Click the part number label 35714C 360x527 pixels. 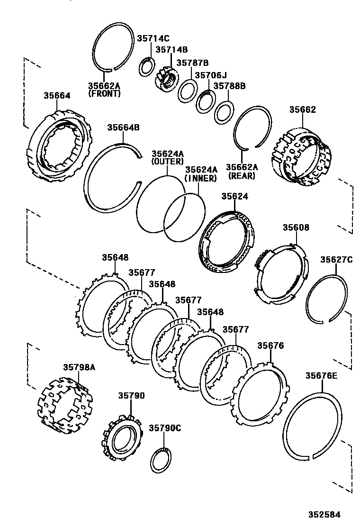(153, 38)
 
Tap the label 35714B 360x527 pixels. (171, 50)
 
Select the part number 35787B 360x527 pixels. (192, 63)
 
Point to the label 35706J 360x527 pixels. (211, 75)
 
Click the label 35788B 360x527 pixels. (229, 86)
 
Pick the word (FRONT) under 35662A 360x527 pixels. (104, 94)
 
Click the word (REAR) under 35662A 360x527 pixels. (242, 176)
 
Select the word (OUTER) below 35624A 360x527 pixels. (167, 162)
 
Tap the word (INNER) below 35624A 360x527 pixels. (201, 178)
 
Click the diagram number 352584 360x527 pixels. (325, 514)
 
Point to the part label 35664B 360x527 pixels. (123, 127)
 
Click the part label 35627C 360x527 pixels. (336, 259)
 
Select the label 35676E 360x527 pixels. (321, 376)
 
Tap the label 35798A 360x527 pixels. (79, 367)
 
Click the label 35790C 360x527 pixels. (165, 427)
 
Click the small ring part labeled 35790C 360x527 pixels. (161, 460)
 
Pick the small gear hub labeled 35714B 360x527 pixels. (166, 80)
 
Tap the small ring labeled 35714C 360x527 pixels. (147, 67)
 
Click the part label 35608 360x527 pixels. (296, 227)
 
